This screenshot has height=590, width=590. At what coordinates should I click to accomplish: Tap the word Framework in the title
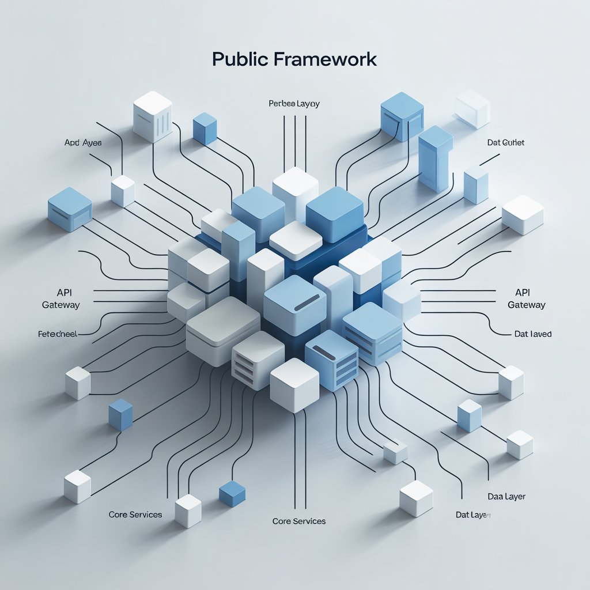(x=322, y=59)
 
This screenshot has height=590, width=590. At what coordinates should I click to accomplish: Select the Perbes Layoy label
(x=294, y=104)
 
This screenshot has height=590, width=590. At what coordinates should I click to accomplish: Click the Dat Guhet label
(x=505, y=142)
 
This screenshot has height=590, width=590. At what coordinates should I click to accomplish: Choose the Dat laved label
(x=532, y=334)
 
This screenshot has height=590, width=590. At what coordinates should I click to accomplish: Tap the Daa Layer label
(x=506, y=496)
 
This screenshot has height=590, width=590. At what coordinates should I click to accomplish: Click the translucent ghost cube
(x=472, y=108)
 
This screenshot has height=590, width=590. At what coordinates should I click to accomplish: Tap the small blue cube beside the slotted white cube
(x=205, y=128)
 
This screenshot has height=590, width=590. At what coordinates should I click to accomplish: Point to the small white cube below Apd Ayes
(x=123, y=191)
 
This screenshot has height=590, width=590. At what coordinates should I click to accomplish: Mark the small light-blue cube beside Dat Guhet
(x=476, y=184)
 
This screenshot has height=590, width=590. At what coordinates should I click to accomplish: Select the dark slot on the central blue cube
(x=307, y=302)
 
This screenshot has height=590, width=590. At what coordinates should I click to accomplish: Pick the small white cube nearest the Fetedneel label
(x=77, y=383)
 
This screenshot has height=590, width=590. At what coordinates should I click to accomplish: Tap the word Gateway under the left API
(x=61, y=305)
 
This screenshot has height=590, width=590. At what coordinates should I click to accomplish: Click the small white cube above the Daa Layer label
(x=519, y=444)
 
